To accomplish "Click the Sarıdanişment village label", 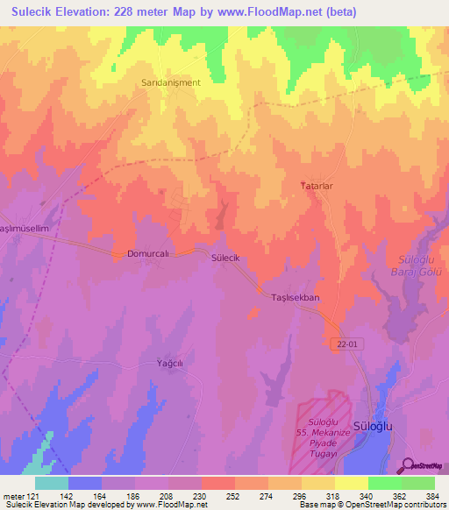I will click(172, 82).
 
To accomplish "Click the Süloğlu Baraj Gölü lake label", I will click(418, 266).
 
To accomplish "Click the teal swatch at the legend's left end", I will click(52, 483).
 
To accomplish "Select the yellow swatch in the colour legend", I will click(352, 483).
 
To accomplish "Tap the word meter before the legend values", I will click(12, 495).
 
